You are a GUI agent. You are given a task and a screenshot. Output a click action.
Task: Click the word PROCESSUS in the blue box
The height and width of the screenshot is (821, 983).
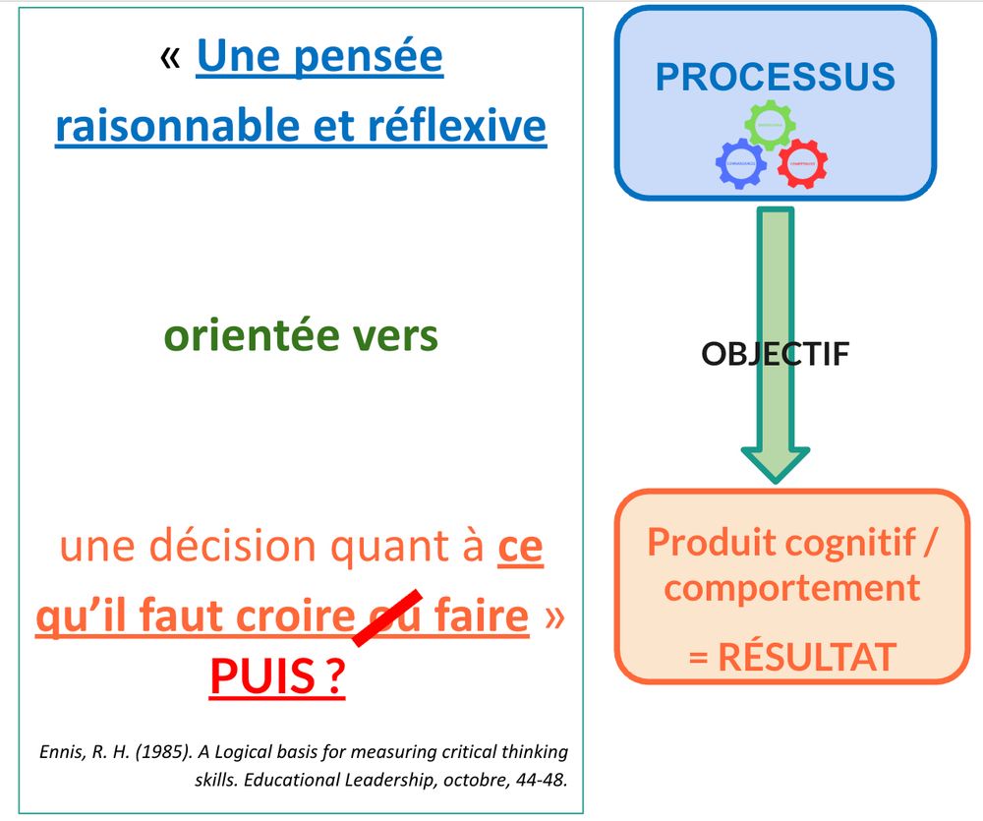point(776,77)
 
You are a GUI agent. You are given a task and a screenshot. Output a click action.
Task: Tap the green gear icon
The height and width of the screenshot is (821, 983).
point(769,126)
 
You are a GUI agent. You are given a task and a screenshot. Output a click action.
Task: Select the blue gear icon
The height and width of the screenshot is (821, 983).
point(741,163)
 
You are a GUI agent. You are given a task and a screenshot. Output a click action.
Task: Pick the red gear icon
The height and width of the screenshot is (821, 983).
point(801,163)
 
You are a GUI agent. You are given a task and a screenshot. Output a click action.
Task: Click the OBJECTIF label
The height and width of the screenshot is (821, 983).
point(775,354)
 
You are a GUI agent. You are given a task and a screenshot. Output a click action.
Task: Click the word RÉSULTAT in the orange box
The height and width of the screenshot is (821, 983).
point(806,657)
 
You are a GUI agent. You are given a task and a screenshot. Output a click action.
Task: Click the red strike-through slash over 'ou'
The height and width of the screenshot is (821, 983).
point(387,617)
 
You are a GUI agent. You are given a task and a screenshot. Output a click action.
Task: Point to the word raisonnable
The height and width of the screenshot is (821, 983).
point(174,126)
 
